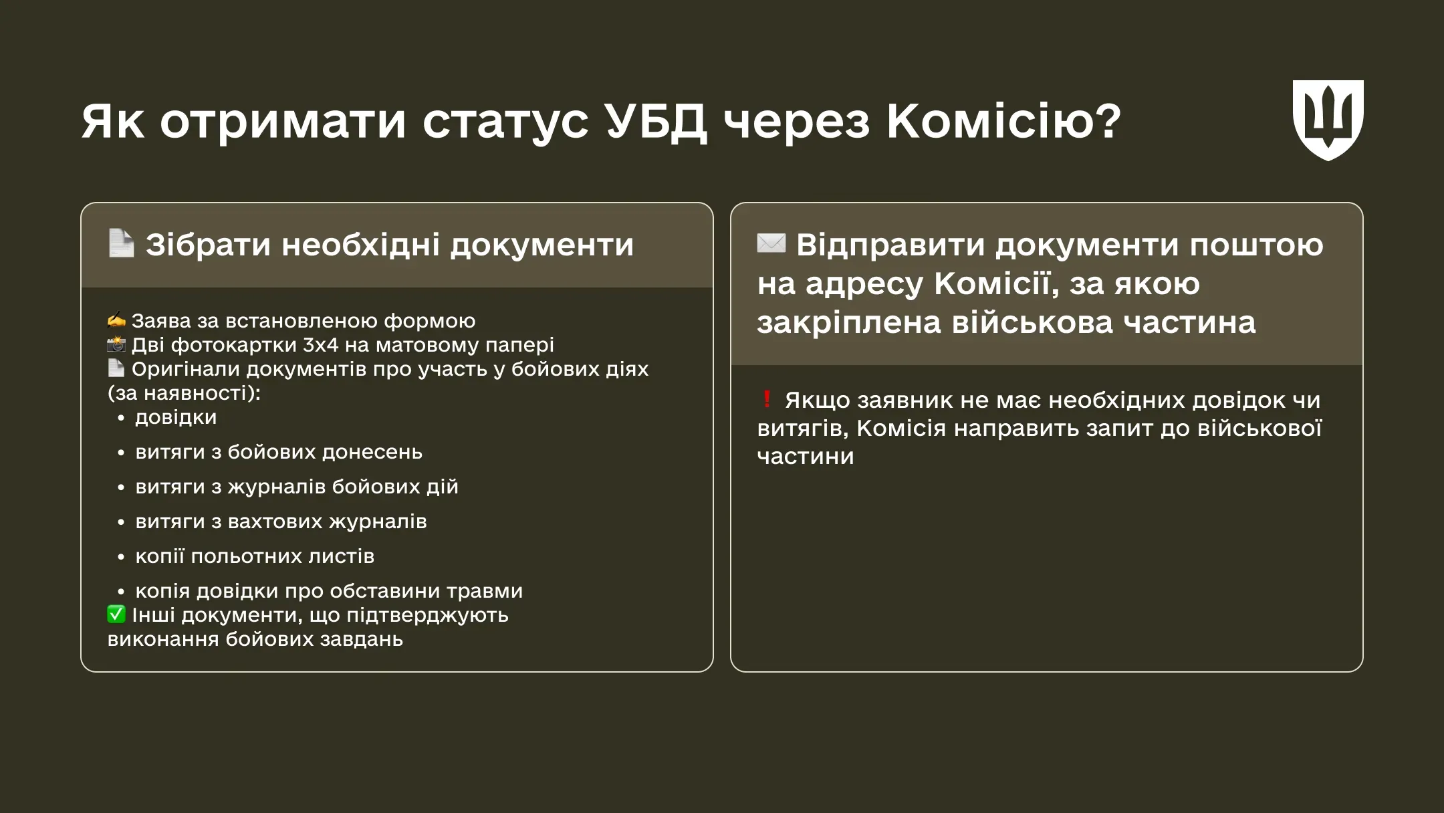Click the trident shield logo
click(x=1328, y=120)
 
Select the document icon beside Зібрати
click(x=122, y=243)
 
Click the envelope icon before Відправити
click(x=771, y=243)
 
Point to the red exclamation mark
click(x=767, y=400)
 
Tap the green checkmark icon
click(x=116, y=614)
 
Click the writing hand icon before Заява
click(x=116, y=320)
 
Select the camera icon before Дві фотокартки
click(x=116, y=344)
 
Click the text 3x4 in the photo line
click(x=320, y=345)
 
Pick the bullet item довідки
click(x=176, y=417)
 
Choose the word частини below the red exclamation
click(x=806, y=456)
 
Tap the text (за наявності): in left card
click(x=184, y=393)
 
